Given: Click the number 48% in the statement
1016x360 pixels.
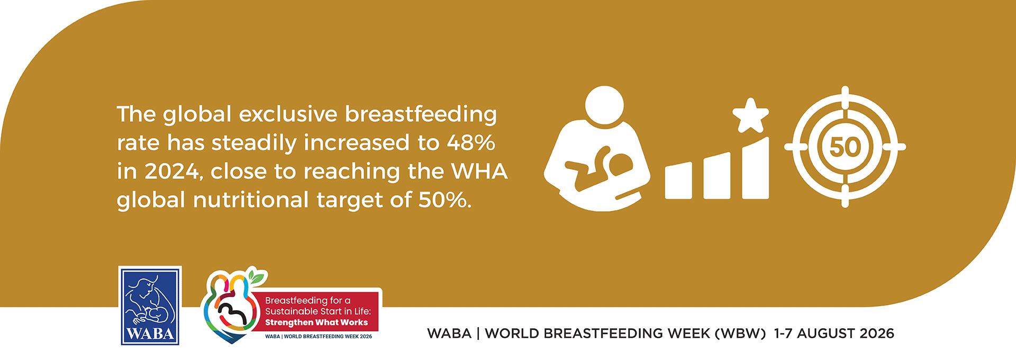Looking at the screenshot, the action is (471, 143).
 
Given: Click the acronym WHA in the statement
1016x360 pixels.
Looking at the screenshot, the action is (479, 172).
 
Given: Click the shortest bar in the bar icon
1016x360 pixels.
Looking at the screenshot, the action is (678, 181).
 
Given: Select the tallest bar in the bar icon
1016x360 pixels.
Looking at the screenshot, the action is (756, 168).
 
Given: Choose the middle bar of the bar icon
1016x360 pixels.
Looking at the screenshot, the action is (717, 176).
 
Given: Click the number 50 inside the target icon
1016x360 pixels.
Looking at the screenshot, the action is (845, 147).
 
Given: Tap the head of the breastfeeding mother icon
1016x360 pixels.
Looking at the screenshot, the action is (605, 106).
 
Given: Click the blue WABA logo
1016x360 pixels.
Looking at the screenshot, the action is (150, 305).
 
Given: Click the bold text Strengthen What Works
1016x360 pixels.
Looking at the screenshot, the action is (316, 322).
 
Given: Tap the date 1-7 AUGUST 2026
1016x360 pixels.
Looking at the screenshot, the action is (834, 334).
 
